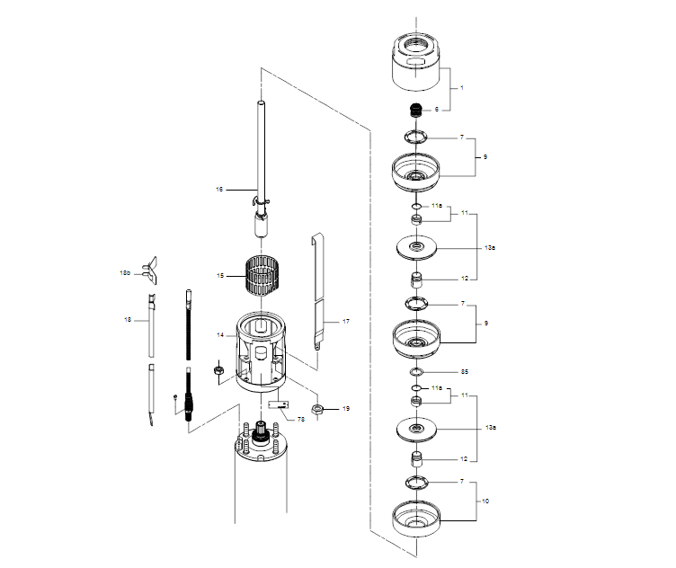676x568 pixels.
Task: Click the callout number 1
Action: [462, 88]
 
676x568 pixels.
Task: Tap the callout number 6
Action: [437, 110]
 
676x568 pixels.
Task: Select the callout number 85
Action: [465, 370]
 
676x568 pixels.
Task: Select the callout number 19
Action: [347, 409]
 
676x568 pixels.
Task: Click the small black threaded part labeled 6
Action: [415, 111]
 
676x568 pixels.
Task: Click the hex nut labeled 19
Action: [317, 411]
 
